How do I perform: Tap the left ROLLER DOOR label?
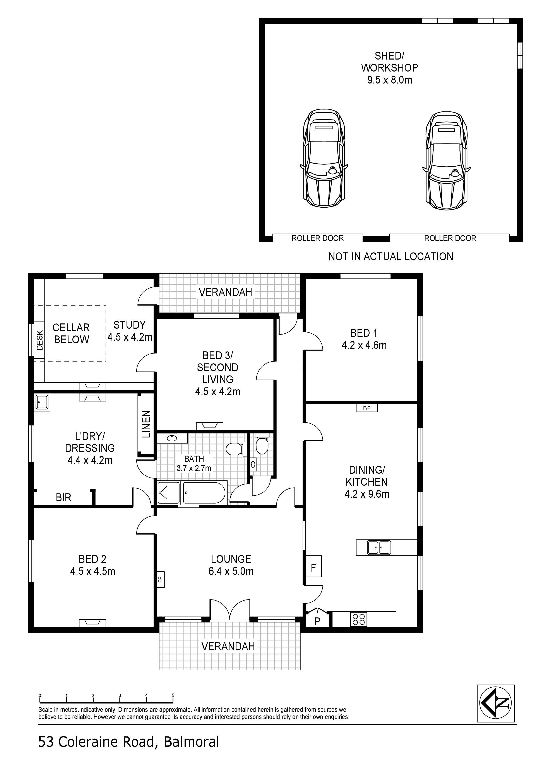click(317, 238)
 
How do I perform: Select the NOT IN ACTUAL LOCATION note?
click(391, 256)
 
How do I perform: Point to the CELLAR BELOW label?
click(71, 333)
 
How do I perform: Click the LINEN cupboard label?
click(147, 424)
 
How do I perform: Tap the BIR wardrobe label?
click(63, 497)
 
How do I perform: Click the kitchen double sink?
click(379, 547)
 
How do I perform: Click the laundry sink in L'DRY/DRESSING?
click(42, 403)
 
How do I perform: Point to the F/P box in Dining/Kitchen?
click(367, 408)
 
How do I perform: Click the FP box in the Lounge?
click(160, 579)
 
